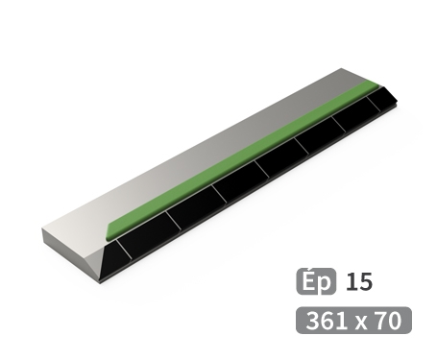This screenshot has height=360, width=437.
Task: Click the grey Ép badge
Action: (x=316, y=282)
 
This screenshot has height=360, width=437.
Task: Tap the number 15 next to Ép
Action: (x=359, y=282)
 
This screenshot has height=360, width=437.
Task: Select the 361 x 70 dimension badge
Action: (x=353, y=320)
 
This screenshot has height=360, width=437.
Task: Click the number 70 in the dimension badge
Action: (x=389, y=320)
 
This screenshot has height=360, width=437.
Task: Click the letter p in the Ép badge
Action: (x=325, y=285)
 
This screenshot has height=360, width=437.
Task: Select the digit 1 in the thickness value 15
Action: (x=352, y=282)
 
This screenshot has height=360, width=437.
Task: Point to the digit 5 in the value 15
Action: (x=365, y=282)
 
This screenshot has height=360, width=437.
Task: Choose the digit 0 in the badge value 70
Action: (x=395, y=320)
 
